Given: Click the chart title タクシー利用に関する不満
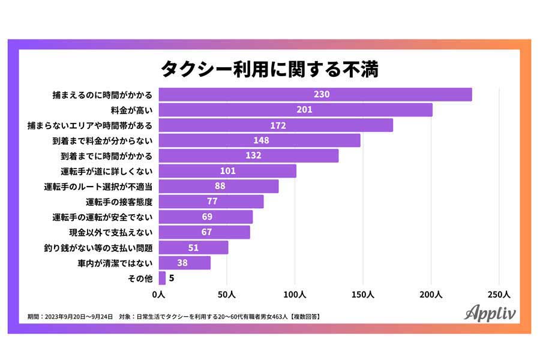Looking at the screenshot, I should point(269,68).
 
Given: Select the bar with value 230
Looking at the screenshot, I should point(315,94).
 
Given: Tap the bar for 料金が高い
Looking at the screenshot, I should point(295,110).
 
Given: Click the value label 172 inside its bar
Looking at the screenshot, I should point(278,125).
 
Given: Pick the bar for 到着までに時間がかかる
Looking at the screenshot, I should point(248,156).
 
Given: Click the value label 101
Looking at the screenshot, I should point(228,171).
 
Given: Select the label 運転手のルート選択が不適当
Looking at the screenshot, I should point(98,186).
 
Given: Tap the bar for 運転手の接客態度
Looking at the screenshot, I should point(211,202).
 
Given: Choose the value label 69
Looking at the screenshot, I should point(207,217).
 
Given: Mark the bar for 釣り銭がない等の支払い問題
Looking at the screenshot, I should point(193,247).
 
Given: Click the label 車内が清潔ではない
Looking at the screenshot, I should point(115,263).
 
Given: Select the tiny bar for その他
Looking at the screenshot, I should point(162,278).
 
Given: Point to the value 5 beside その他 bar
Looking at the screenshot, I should point(172,278).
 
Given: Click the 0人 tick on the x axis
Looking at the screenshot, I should point(158,295).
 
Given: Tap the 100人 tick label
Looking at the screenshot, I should point(295,295).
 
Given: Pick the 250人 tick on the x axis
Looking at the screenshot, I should point(499,295).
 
